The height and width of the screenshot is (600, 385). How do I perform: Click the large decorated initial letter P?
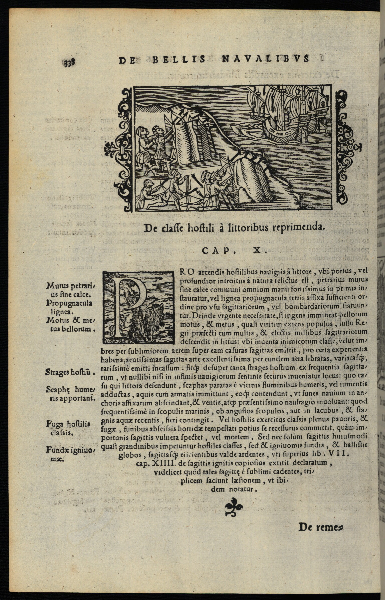[138, 307]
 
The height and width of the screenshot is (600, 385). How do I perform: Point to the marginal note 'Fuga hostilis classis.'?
[68, 428]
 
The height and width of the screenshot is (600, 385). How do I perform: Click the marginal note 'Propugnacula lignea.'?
[69, 307]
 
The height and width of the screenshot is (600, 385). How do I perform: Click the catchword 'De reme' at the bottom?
[320, 527]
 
